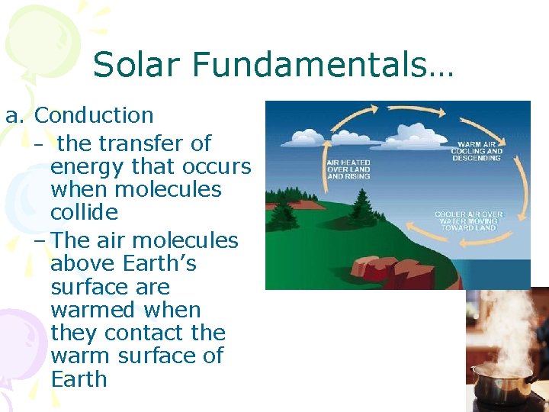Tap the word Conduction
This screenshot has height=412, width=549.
pos(95,116)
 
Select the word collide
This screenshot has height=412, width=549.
pos(84,212)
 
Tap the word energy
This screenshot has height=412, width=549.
pos(87,166)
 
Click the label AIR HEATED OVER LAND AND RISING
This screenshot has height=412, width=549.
pos(348,169)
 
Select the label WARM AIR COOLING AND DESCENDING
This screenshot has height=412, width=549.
pos(479,150)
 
